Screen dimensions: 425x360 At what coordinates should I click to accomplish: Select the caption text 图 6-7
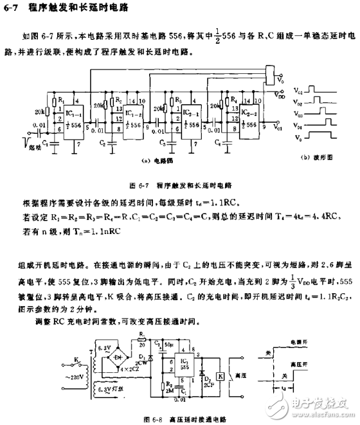click(x=140, y=185)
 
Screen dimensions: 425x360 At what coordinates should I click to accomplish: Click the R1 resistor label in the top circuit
click(x=60, y=100)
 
